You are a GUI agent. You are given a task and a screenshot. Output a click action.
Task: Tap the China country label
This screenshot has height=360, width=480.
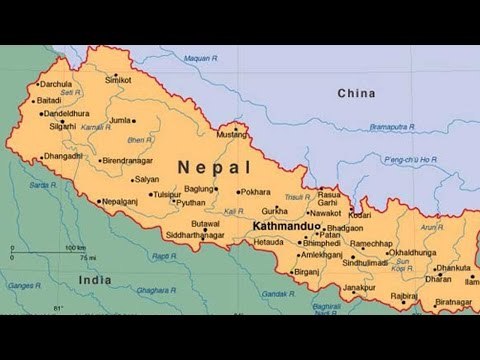(356, 93)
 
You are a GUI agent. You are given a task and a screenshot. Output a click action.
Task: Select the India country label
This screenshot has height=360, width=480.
(96, 281)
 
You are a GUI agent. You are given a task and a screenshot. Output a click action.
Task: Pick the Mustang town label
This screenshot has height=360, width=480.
(232, 133)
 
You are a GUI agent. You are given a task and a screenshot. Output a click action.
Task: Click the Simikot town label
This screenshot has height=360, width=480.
(118, 79)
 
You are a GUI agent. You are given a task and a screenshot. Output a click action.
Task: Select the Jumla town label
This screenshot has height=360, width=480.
(121, 120)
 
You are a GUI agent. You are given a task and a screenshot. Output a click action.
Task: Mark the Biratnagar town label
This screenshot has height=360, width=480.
(453, 301)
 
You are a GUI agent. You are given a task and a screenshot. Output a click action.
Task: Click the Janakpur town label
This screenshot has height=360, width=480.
(359, 287)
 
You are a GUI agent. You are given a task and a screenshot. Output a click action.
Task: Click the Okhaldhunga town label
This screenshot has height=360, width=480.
(413, 253)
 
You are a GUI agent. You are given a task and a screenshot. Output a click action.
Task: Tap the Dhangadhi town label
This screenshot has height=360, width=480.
(63, 155)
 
